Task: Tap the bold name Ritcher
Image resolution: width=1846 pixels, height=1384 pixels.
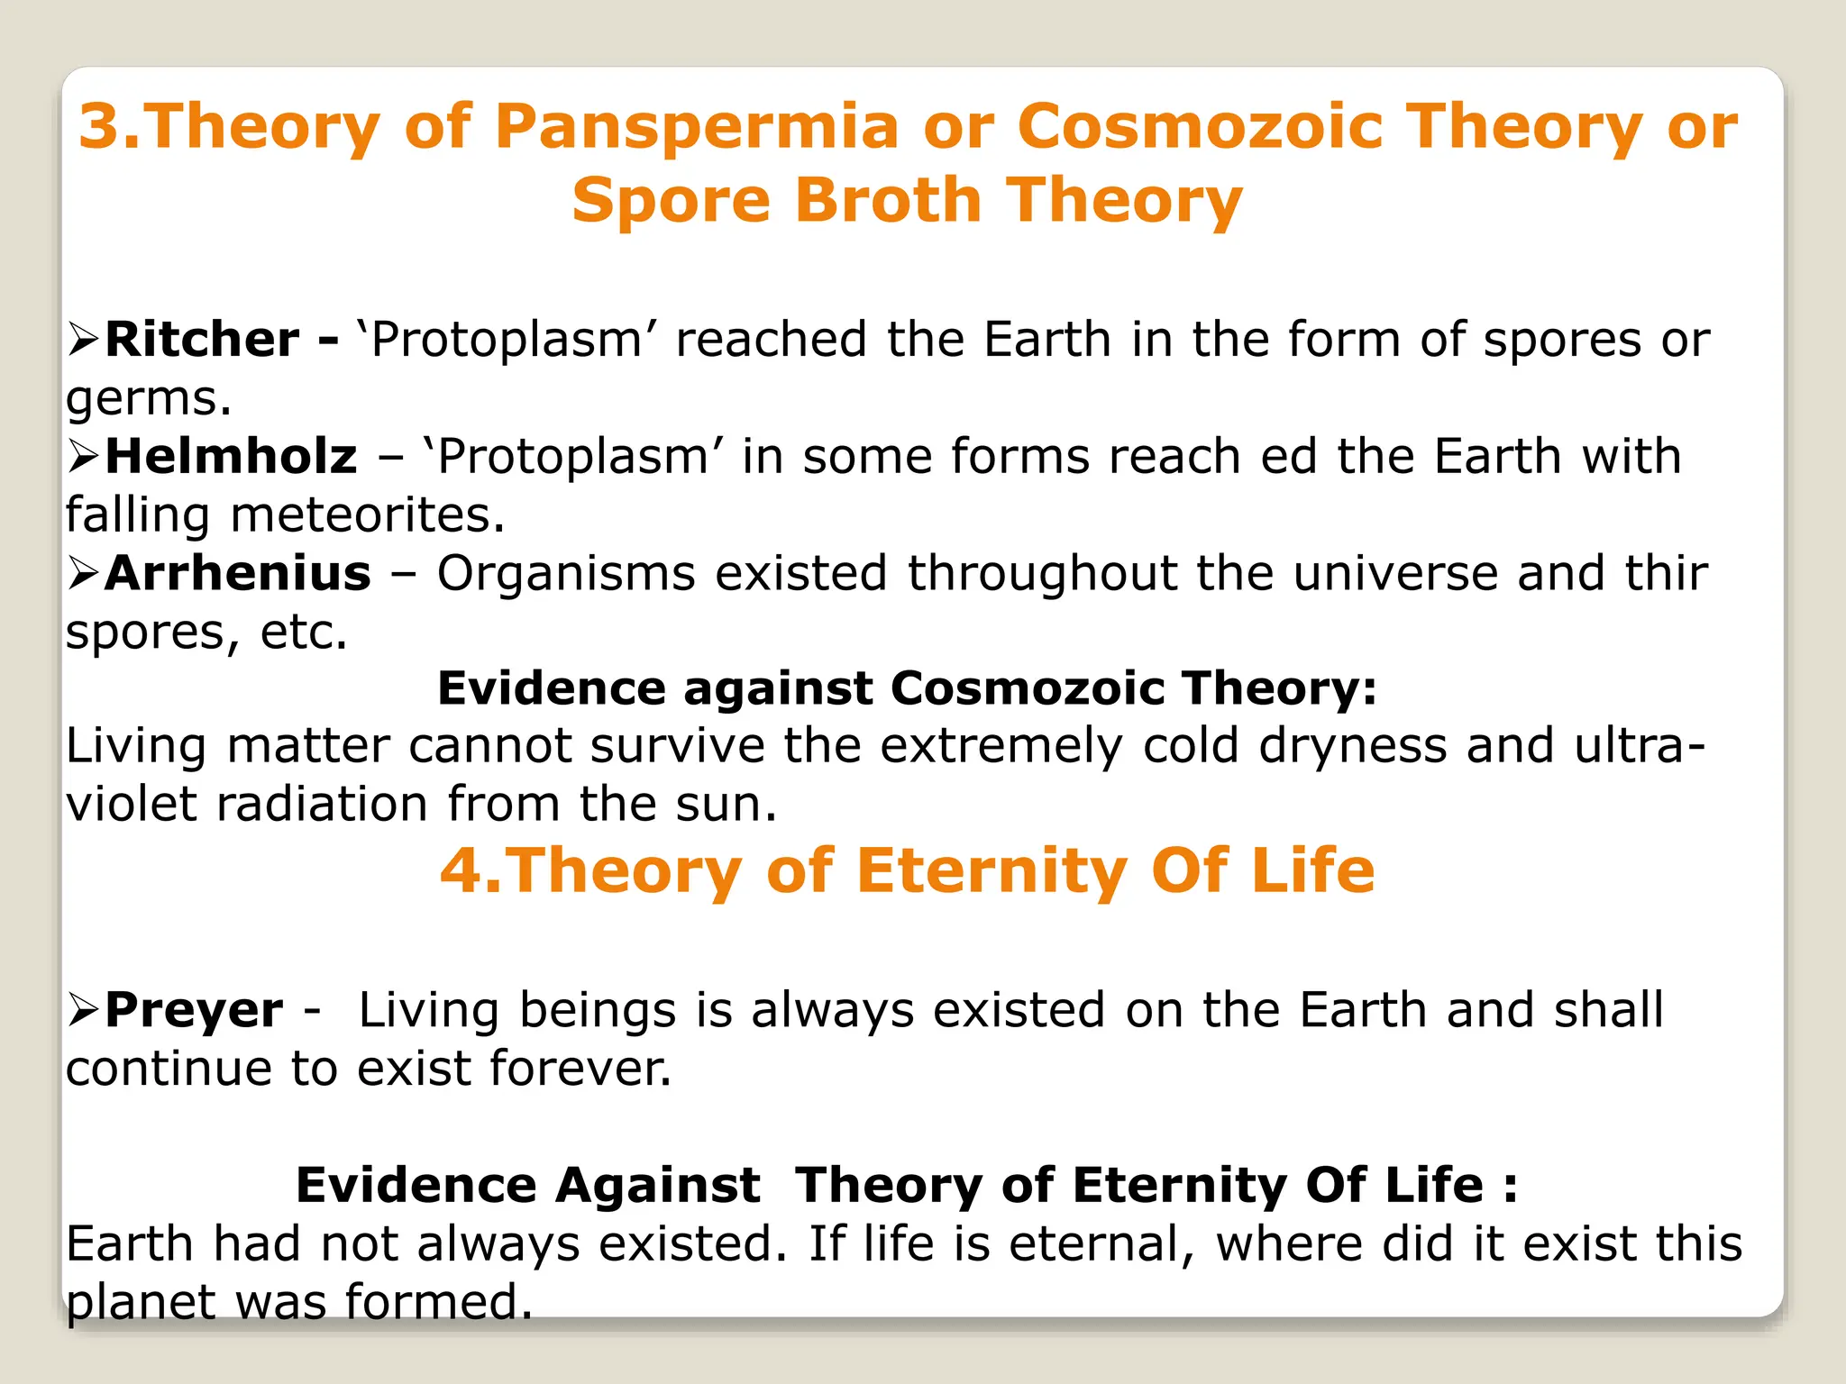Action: point(202,340)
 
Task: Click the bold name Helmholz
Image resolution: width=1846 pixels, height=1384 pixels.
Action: point(231,456)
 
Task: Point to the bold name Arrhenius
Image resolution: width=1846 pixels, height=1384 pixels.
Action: point(238,573)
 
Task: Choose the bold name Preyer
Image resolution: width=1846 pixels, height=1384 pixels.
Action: point(194,1009)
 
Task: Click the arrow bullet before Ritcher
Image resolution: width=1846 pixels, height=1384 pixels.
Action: point(83,340)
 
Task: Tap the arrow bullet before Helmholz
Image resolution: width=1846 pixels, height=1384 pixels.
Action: point(83,456)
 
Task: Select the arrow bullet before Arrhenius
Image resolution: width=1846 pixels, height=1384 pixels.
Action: point(83,573)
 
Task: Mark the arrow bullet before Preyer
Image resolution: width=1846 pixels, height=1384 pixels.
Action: point(83,1009)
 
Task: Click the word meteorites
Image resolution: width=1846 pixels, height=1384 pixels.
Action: point(367,514)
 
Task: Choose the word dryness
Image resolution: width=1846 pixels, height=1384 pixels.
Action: point(1352,746)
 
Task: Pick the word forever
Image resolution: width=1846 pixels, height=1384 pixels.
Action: point(580,1069)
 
